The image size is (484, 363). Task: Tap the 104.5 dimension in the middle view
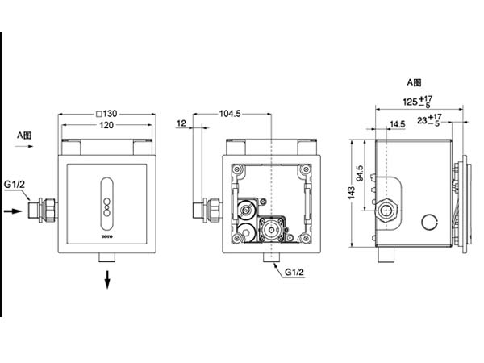230,114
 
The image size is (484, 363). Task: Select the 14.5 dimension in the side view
397,124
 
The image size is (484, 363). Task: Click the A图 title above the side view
415,82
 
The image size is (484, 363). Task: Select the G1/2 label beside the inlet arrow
15,185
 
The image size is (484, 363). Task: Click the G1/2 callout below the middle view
295,273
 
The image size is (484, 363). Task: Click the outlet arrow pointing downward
106,280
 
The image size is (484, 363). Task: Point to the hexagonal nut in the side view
388,213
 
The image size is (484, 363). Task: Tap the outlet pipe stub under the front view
106,257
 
